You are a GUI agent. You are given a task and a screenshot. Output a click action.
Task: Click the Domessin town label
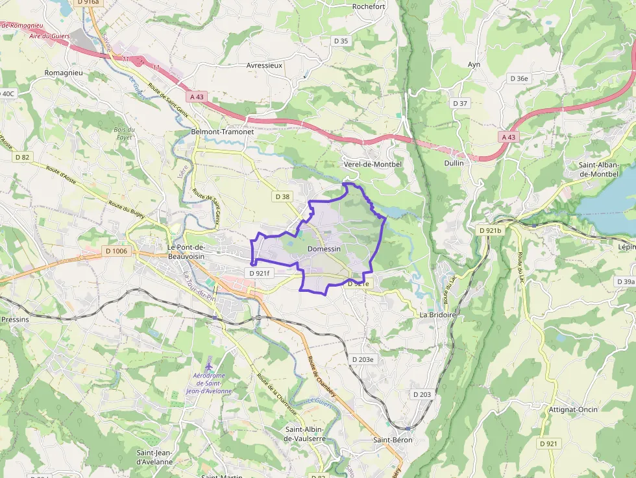point(324,249)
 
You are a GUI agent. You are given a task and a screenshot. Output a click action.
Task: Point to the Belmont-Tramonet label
point(222,132)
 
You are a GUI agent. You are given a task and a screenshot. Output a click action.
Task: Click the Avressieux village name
point(264,66)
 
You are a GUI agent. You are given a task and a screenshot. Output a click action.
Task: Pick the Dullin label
point(454,163)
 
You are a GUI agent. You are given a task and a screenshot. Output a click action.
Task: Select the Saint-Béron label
point(393,440)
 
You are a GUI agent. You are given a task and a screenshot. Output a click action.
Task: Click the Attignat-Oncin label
point(573,409)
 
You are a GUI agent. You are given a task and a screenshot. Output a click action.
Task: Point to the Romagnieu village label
point(64,73)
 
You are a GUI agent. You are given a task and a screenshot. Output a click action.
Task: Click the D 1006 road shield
point(117,251)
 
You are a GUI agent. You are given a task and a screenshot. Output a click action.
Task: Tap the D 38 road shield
point(282,196)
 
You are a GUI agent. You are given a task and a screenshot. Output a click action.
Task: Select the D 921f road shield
point(259,273)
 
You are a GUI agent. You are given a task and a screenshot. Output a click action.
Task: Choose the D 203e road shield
point(363,359)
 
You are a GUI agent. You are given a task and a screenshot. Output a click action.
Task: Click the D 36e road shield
point(519,78)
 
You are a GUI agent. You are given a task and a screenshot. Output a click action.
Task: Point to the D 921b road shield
point(491,230)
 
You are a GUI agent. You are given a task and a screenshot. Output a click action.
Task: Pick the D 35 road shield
point(341,41)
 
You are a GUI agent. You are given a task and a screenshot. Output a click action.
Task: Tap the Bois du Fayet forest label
point(124,134)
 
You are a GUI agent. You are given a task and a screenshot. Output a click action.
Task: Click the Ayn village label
point(474,64)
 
